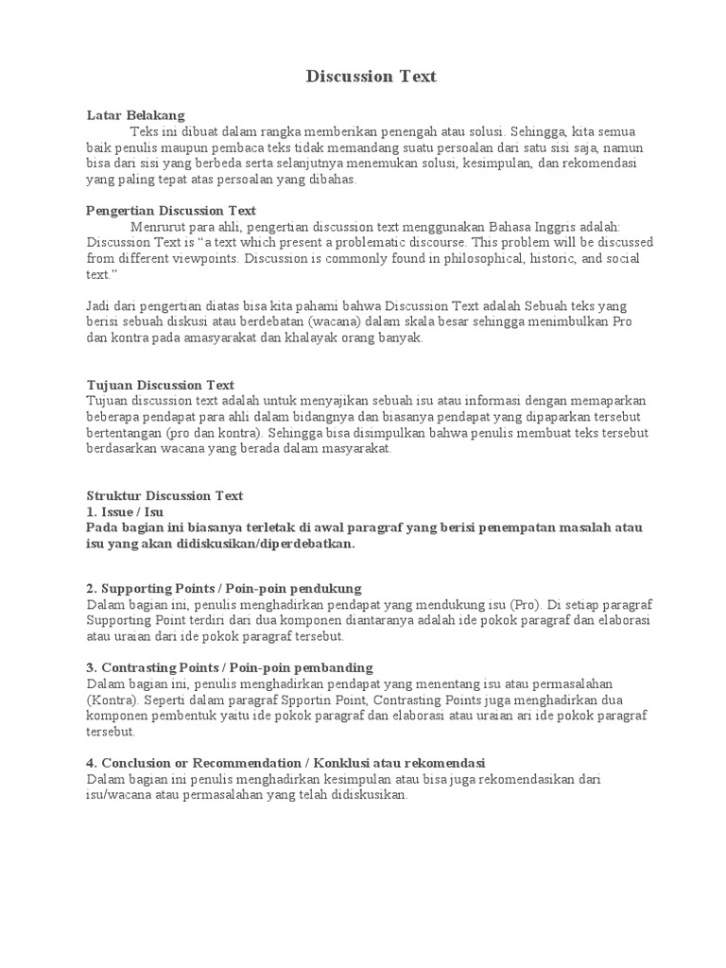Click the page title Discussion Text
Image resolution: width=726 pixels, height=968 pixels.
[x=372, y=77]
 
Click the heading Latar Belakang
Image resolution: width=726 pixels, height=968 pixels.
[x=135, y=114]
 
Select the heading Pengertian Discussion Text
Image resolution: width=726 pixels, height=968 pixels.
[x=171, y=211]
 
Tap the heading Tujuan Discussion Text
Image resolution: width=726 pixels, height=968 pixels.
[x=160, y=385]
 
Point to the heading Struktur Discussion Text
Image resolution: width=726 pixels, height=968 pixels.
[x=164, y=495]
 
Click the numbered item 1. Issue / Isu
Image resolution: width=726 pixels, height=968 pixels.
[x=124, y=511]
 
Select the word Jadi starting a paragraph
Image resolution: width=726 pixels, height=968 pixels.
[x=98, y=306]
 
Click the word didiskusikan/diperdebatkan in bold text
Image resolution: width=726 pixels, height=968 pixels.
[x=248, y=544]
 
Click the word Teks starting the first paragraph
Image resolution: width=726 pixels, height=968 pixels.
[x=146, y=130]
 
